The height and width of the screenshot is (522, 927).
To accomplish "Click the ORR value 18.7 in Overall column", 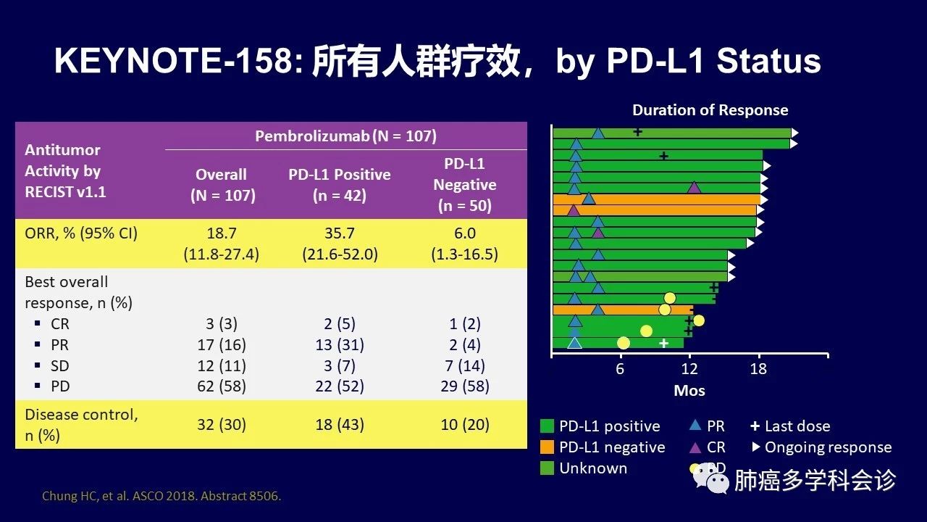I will pos(221,233).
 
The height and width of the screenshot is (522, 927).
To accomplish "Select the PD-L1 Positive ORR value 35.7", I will pos(339,233).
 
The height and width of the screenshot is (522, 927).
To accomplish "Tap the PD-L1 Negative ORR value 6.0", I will pos(464,233).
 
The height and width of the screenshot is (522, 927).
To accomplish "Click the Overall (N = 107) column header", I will pos(222,185).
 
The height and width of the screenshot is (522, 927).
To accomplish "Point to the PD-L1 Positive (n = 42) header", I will pos(339,185).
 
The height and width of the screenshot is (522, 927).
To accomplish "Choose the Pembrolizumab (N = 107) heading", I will pos(345,136).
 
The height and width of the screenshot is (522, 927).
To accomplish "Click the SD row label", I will pos(60,366).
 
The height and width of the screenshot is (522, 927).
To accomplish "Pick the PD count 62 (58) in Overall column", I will pos(221,387).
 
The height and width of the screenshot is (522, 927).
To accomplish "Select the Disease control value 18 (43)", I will pos(339,425).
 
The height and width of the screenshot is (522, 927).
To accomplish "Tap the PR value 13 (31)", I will pos(339,345).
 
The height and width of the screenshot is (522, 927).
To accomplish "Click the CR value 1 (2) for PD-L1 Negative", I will pos(464,324).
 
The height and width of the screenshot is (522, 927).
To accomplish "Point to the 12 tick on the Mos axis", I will pos(689,369).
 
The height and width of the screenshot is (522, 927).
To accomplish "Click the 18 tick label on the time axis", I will pos(758,369).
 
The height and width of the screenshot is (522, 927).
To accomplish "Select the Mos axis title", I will pos(689,391).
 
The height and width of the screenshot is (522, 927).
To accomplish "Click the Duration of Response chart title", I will pos(710,110).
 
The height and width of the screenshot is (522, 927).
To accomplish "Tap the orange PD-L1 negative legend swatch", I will pos(548,447).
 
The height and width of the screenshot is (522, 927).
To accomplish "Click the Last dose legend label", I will pos(797,426).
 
